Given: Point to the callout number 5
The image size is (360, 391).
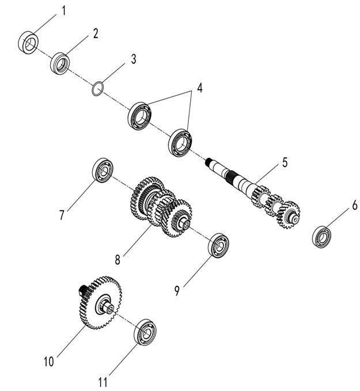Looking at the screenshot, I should [x=284, y=162].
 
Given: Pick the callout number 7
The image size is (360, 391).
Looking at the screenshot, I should [x=62, y=215].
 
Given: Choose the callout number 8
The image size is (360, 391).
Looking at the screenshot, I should [x=118, y=259].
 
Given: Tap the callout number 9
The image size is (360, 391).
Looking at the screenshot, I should [x=177, y=291].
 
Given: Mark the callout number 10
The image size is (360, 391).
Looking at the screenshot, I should [x=48, y=362].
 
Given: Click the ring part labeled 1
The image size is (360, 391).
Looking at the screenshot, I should [x=29, y=42].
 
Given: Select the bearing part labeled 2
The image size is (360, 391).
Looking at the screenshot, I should [x=60, y=62].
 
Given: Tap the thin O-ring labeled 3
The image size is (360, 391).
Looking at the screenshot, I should [x=98, y=89].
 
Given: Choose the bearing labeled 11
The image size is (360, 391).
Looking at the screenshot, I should [x=144, y=332].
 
